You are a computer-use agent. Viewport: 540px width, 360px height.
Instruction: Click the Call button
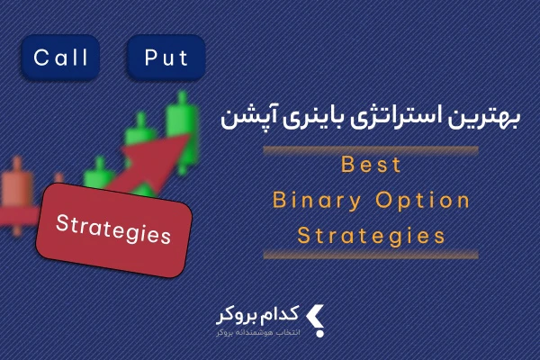coord(60,58)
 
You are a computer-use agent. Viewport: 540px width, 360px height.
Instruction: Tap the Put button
coord(166,58)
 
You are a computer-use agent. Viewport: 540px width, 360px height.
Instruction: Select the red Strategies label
coord(113,230)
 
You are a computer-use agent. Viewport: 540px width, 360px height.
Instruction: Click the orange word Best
coord(371,165)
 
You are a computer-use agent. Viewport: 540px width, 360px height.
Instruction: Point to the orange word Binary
coord(317,202)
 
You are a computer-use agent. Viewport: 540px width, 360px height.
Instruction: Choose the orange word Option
coord(423,202)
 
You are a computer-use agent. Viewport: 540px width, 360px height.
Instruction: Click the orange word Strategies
coord(371,237)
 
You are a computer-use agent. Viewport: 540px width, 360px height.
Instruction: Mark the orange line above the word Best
coord(371,150)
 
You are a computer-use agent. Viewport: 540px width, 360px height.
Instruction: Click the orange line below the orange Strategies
coord(371,255)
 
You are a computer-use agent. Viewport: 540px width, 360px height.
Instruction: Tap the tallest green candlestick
coord(183,132)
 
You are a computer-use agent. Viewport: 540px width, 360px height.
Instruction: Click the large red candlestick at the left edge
coord(16,196)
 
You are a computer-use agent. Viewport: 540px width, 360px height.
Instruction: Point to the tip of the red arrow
coord(189,135)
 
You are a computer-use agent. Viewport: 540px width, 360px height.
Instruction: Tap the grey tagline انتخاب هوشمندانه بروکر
coord(258,333)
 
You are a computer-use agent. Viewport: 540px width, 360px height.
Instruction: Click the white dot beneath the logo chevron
coord(319,334)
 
